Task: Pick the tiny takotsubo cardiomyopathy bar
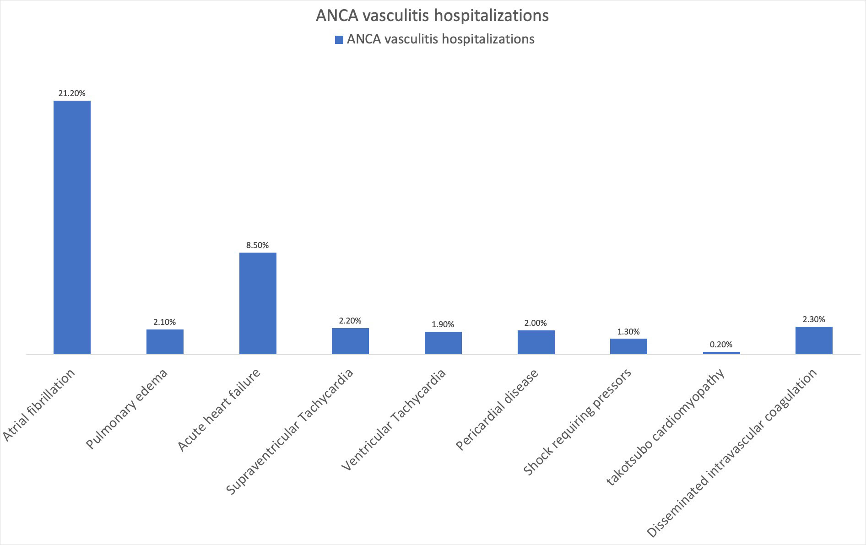(x=721, y=353)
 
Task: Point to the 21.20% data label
(x=72, y=93)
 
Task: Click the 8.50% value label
(x=258, y=245)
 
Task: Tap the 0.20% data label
(x=721, y=345)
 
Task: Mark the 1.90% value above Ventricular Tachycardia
(x=443, y=324)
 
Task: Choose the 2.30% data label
(x=814, y=319)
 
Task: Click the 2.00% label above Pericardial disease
(x=536, y=323)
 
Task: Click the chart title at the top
(x=432, y=16)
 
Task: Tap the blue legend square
(x=339, y=40)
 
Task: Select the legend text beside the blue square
(x=440, y=39)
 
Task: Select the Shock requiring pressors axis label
(x=578, y=421)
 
